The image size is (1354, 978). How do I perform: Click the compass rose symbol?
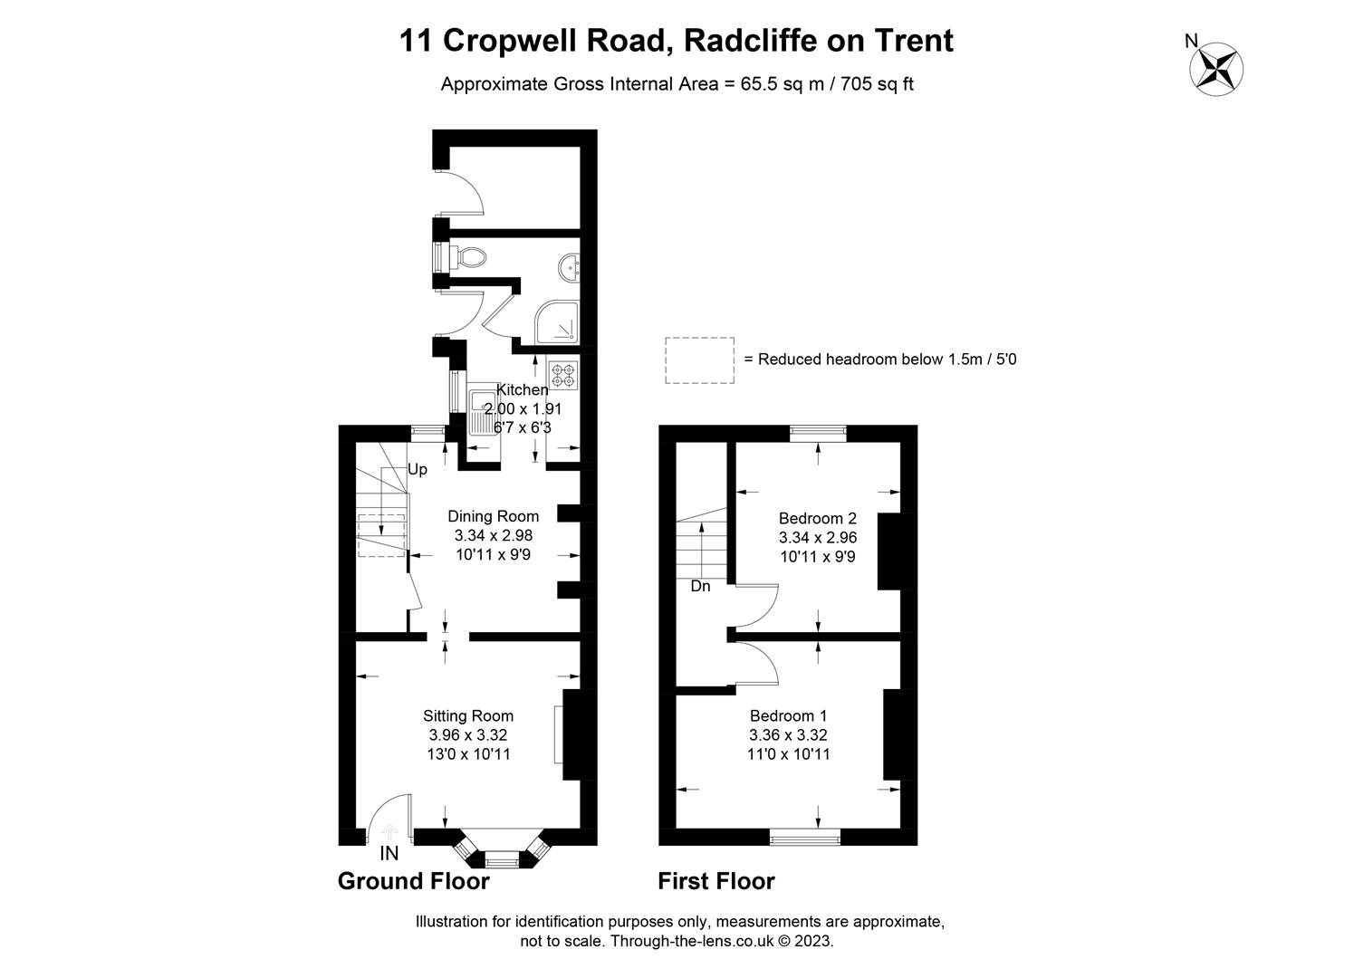point(1216,69)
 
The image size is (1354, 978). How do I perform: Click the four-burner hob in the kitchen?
point(563,374)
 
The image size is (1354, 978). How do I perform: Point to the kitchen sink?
point(484,412)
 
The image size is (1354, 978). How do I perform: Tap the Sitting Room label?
point(468,715)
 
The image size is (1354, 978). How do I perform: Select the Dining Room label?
point(494,516)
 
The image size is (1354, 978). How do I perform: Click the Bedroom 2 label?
point(818,518)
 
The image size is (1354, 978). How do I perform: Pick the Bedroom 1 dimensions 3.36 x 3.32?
point(788,735)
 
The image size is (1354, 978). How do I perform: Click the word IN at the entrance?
point(389,853)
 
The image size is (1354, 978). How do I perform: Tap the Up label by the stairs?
point(418,470)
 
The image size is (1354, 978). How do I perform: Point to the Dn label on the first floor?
point(701,586)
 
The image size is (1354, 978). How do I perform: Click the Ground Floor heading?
point(414,881)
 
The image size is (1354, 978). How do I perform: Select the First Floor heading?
point(716,881)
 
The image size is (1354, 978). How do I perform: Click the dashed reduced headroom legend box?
point(700,360)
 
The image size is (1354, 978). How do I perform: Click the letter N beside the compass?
point(1191,41)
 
